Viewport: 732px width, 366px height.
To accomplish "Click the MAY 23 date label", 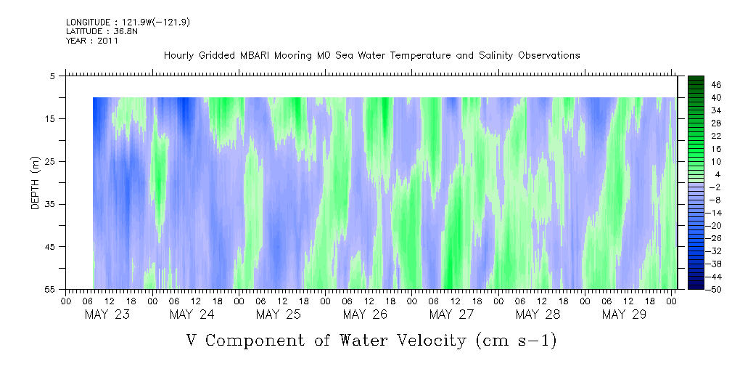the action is pyautogui.click(x=107, y=314).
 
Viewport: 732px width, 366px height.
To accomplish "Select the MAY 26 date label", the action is pyautogui.click(x=365, y=314).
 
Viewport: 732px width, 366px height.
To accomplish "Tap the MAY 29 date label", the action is pyautogui.click(x=624, y=314).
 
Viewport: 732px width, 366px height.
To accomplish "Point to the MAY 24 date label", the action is pyautogui.click(x=192, y=314).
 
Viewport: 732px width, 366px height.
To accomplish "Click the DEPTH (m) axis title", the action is pyautogui.click(x=36, y=183).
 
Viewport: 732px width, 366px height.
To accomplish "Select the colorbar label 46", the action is pyautogui.click(x=717, y=85).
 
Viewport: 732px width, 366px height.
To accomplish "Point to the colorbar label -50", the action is pyautogui.click(x=715, y=290).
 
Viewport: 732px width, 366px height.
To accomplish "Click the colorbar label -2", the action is pyautogui.click(x=715, y=187).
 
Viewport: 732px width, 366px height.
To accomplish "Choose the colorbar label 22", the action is pyautogui.click(x=717, y=136).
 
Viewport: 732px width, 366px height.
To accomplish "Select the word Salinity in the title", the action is pyautogui.click(x=496, y=56).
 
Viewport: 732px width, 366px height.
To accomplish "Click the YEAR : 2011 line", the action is pyautogui.click(x=92, y=41).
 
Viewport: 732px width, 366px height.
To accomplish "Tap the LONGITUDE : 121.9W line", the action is pyautogui.click(x=128, y=22).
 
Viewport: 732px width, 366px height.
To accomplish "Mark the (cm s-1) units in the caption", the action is pyautogui.click(x=517, y=341).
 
